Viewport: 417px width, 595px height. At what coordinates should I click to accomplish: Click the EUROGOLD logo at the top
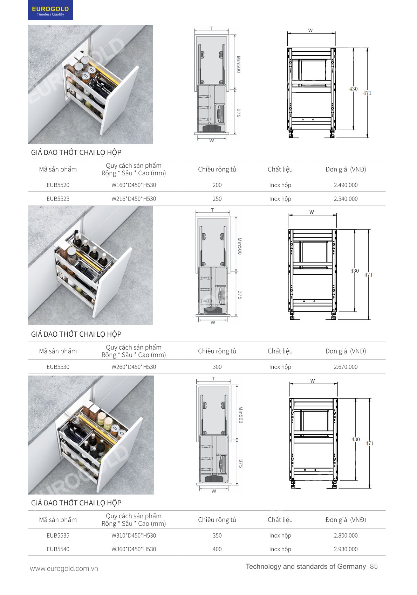[x=50, y=10]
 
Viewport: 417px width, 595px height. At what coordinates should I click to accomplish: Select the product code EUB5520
[x=58, y=185]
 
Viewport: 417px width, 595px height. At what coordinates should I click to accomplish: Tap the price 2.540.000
[x=346, y=199]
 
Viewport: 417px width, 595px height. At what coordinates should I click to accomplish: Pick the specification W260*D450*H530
[x=134, y=367]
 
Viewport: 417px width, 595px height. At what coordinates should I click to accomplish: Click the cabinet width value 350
[x=217, y=535]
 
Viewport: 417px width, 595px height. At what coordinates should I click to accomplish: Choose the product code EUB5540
[x=58, y=549]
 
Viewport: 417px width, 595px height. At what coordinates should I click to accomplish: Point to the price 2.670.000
[x=346, y=367]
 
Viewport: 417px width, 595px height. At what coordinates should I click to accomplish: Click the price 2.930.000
[x=346, y=549]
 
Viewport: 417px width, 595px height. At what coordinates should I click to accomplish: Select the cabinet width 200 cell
[x=217, y=185]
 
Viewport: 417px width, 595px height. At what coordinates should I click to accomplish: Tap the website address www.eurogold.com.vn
[x=64, y=568]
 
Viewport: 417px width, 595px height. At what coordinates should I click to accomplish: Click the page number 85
[x=374, y=566]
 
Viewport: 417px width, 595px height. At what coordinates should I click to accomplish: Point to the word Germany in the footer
[x=351, y=567]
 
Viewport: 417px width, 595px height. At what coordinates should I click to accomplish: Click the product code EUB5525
[x=58, y=199]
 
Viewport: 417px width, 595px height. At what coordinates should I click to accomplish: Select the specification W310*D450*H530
[x=134, y=535]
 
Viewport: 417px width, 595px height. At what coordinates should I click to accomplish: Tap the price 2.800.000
[x=346, y=535]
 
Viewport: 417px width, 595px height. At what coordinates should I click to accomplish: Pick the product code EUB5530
[x=58, y=367]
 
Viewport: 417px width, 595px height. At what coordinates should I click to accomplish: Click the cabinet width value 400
[x=217, y=549]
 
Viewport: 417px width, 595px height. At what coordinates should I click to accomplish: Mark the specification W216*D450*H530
[x=134, y=199]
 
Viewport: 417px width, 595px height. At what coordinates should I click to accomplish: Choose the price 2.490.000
[x=346, y=185]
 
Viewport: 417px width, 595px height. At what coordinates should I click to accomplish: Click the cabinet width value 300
[x=217, y=367]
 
